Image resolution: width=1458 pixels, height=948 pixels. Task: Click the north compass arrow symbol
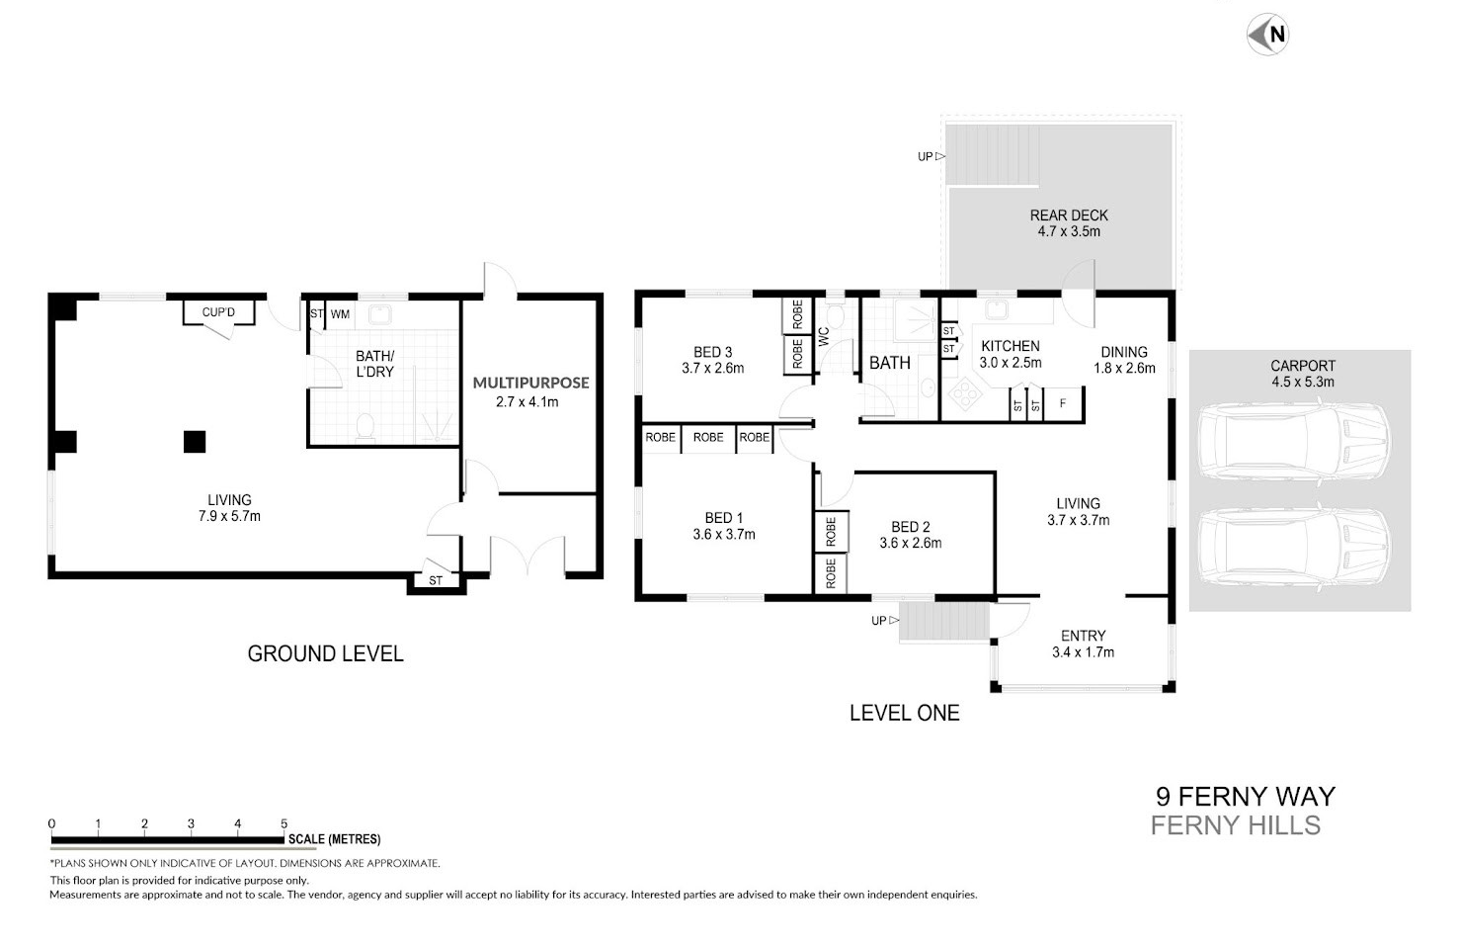[1267, 35]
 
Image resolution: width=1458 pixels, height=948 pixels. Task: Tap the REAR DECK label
[1069, 215]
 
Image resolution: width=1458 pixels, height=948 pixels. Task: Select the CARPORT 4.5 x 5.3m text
[1303, 374]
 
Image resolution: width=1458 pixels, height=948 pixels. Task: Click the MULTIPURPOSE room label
[530, 384]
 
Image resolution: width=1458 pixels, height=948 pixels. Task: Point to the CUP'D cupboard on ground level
[218, 312]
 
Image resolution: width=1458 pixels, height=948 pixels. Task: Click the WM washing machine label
[340, 314]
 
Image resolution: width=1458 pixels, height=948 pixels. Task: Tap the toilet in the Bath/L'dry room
[365, 427]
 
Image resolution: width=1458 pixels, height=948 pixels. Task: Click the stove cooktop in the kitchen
[962, 395]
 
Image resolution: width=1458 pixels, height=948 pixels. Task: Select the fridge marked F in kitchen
[1063, 404]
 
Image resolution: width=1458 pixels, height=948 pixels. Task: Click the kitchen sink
[996, 310]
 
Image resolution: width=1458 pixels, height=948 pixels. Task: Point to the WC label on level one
[824, 336]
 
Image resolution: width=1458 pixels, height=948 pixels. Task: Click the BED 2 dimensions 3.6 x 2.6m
[911, 543]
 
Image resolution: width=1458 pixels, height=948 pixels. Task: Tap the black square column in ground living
[195, 442]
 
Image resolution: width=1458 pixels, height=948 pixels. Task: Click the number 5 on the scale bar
[283, 823]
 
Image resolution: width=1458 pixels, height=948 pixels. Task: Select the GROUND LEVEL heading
[325, 653]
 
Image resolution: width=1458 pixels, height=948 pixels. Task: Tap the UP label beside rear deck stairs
[925, 157]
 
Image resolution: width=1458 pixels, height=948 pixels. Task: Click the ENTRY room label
[1083, 636]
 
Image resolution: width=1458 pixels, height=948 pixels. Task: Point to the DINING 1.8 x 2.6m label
[1124, 360]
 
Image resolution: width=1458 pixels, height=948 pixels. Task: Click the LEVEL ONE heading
[905, 713]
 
